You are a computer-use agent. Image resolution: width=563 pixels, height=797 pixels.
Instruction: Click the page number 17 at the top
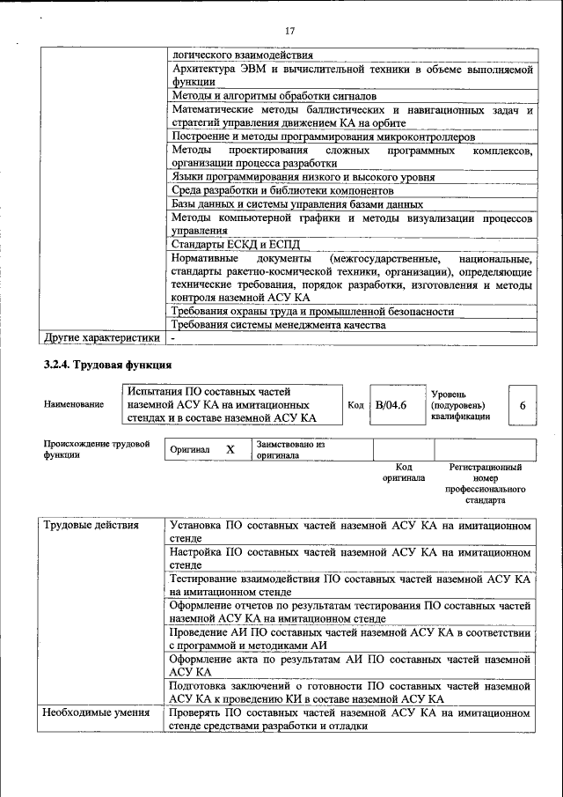pos(289,32)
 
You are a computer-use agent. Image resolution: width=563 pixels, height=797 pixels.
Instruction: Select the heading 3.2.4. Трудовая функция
pos(107,364)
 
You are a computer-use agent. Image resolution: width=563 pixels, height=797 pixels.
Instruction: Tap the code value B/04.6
pos(391,405)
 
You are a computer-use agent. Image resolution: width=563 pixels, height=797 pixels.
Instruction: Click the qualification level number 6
pos(523,405)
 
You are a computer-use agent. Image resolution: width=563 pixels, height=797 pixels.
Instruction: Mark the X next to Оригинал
pos(230,449)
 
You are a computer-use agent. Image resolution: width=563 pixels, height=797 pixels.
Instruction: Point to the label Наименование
pos(73,404)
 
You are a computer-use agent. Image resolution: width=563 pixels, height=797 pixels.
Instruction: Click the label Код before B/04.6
pos(355,405)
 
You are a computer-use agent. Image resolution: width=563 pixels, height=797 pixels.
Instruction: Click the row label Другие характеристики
pos(102,338)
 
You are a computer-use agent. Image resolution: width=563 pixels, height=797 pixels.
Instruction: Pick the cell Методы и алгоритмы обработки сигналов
pos(274,95)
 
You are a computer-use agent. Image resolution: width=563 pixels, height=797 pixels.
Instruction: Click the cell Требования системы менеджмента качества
pos(279,325)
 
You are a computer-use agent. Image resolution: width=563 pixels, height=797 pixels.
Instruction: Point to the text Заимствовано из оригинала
pos(291,450)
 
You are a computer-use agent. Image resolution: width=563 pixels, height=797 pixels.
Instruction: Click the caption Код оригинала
pos(404,473)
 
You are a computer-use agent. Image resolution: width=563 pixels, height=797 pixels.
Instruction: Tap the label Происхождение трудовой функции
pos(96,449)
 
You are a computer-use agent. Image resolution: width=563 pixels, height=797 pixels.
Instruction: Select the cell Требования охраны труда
pos(313,311)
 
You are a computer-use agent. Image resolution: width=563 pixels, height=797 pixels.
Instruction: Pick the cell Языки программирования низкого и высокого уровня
pos(303,177)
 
